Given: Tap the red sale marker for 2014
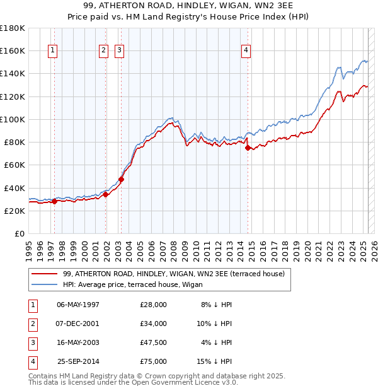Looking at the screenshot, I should tap(248, 148).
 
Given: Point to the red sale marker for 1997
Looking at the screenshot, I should tap(54, 202).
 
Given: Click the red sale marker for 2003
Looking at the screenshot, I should tap(122, 179).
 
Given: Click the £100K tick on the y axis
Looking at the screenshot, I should tap(12, 119).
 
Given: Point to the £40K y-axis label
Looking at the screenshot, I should tap(14, 188).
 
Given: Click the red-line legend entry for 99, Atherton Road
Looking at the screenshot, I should tap(174, 274).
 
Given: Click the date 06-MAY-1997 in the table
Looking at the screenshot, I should tap(78, 305).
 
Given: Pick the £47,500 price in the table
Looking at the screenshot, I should tap(154, 343).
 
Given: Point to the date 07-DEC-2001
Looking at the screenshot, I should tap(78, 324).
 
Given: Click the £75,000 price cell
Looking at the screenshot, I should tap(154, 362).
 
